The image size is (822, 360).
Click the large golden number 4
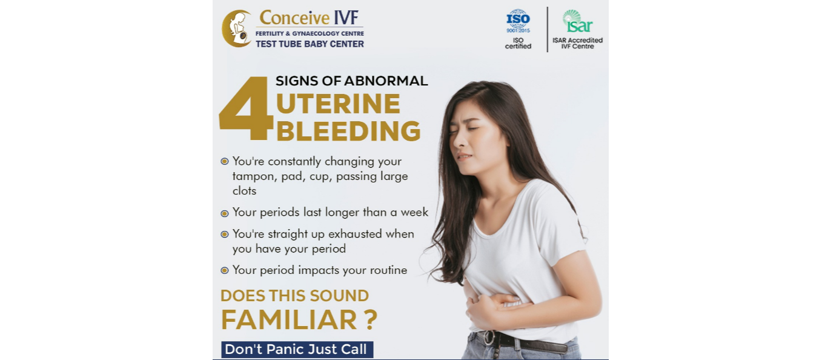click(x=246, y=108)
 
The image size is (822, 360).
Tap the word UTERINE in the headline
click(x=338, y=104)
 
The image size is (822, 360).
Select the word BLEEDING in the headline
click(x=348, y=131)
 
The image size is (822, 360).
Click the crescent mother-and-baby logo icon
click(x=237, y=28)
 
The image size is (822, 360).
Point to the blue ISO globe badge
click(x=518, y=21)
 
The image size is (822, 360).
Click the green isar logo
click(x=578, y=21)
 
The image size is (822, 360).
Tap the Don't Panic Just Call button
click(x=297, y=349)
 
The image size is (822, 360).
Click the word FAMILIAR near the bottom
click(x=289, y=320)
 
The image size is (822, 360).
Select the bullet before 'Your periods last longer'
click(x=225, y=213)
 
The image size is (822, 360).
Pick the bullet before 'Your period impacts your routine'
click(x=225, y=271)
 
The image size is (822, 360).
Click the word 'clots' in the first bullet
click(x=244, y=191)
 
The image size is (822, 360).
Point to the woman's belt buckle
click(x=489, y=338)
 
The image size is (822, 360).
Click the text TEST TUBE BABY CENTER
click(x=310, y=44)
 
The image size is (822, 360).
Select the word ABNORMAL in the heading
click(x=386, y=81)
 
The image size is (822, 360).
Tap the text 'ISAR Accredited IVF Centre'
click(x=578, y=43)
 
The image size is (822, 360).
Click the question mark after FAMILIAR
click(x=371, y=320)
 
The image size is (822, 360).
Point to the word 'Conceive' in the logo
click(x=294, y=18)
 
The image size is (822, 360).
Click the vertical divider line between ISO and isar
click(x=547, y=29)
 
